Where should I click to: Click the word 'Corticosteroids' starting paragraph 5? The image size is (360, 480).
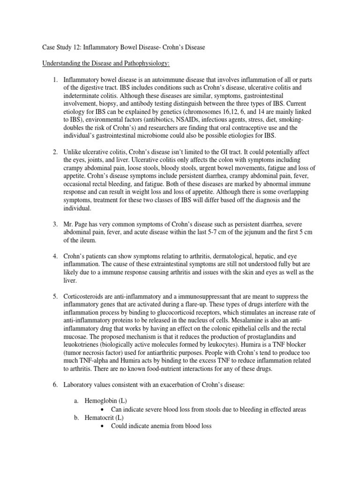coord(86,297)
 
